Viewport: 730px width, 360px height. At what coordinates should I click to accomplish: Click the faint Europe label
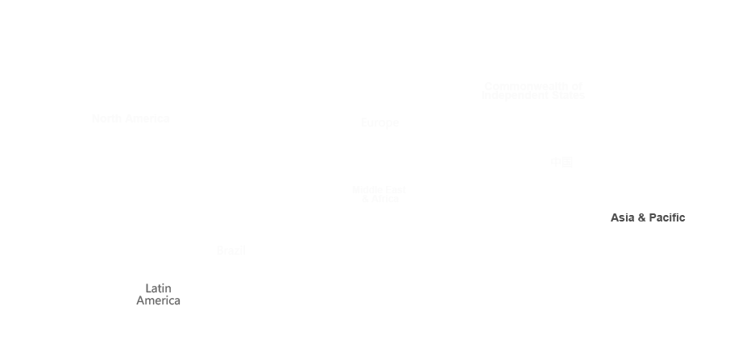380,123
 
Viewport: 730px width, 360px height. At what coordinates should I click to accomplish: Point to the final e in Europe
395,124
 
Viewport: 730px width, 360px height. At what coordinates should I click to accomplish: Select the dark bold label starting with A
648,217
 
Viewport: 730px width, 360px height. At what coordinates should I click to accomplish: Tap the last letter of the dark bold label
682,217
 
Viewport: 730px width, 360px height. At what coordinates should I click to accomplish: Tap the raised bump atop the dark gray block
160,285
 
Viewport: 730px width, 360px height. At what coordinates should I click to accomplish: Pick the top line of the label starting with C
533,86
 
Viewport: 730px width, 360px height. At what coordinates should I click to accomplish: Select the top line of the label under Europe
379,189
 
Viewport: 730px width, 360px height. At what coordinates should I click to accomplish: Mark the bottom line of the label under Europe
380,197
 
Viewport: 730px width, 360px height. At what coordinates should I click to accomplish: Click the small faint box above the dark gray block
230,250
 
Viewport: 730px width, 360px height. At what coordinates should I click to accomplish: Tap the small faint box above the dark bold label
562,162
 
